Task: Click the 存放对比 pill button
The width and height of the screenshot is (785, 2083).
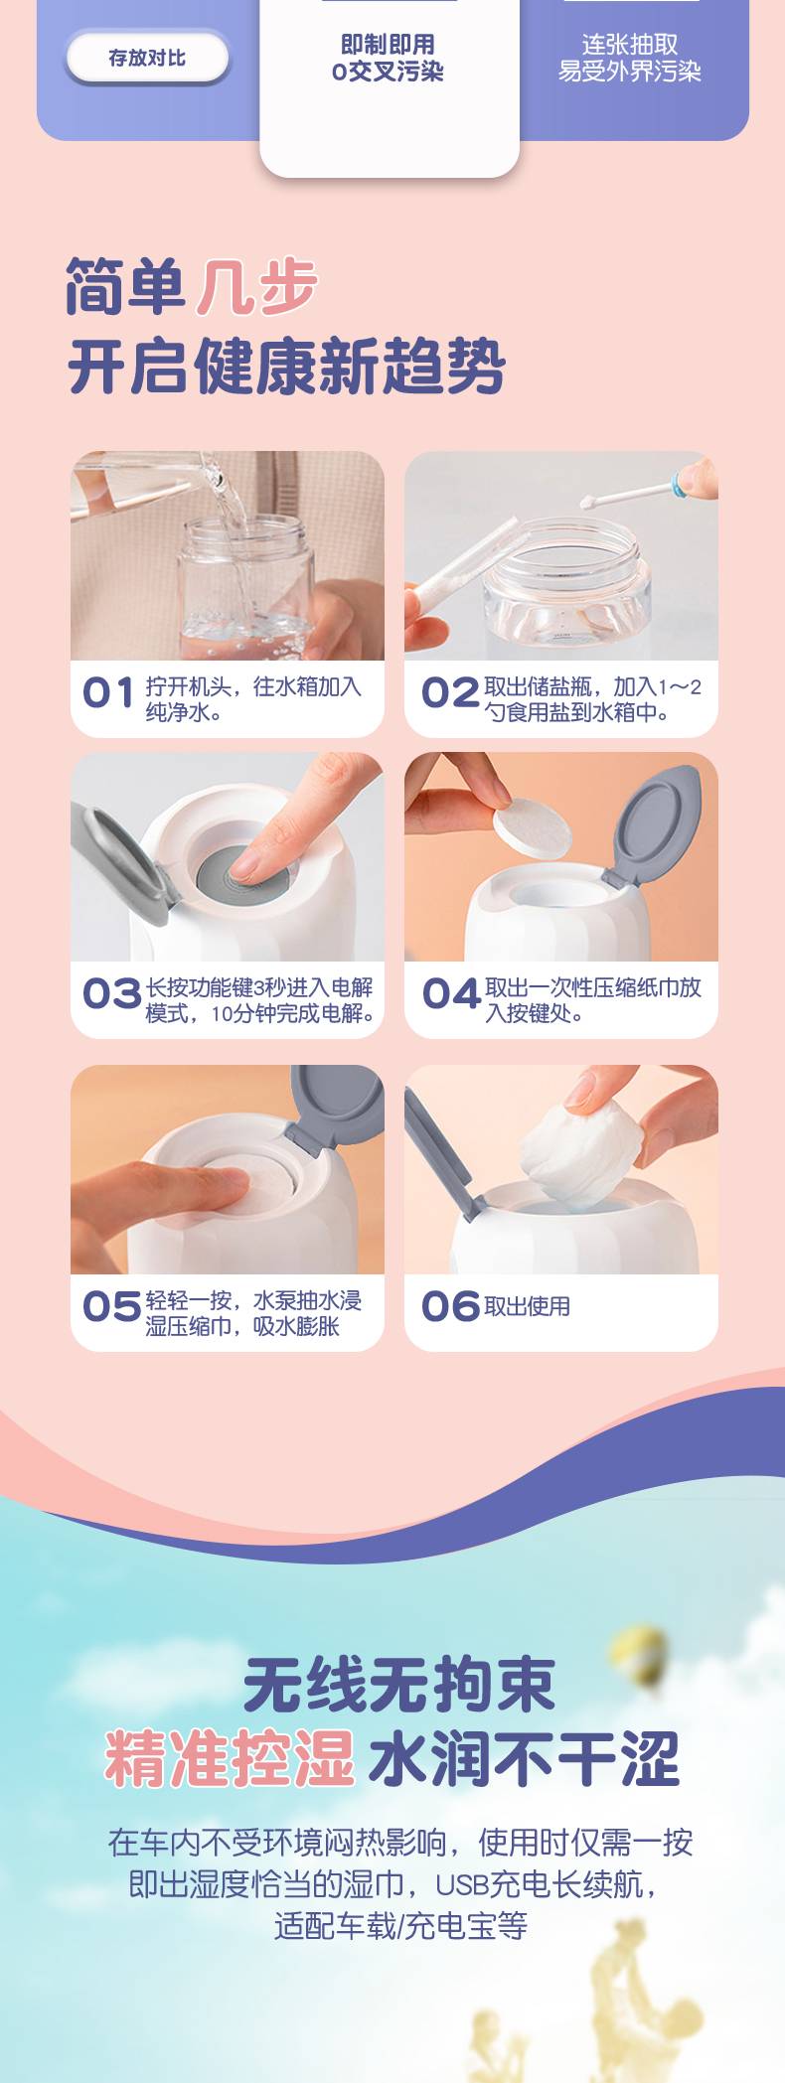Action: coord(147,58)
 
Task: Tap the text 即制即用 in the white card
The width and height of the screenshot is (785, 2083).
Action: coord(388,45)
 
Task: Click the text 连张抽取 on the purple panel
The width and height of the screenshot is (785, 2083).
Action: coord(630,45)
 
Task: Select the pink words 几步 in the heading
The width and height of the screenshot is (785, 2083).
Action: coord(257,287)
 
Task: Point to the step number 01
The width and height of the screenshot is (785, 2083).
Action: coord(107,693)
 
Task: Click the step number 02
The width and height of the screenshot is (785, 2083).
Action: coord(450,693)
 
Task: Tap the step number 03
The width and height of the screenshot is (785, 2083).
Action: coord(111,993)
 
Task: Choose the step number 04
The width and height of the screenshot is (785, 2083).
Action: coord(451,993)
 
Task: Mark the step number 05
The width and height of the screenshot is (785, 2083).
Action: coord(111,1306)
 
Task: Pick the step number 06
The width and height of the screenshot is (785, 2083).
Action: coord(451,1306)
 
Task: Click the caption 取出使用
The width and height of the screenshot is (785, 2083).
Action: coord(528,1306)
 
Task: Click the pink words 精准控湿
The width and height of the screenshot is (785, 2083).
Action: coord(230,1757)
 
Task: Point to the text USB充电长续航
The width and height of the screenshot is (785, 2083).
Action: coord(539,1883)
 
